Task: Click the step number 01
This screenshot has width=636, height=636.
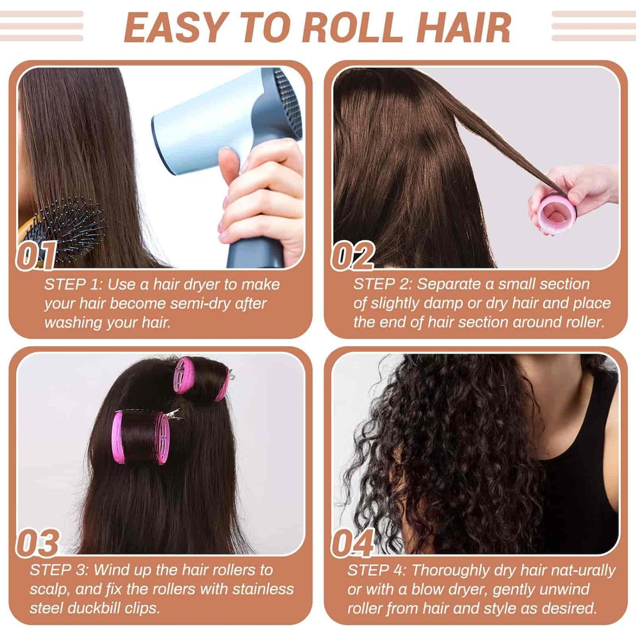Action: [x=36, y=256]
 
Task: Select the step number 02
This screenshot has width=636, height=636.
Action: [x=353, y=256]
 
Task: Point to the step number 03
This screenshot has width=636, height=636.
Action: [x=37, y=543]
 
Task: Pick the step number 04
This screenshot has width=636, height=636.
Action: [x=353, y=543]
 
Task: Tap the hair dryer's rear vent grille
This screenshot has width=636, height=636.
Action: [x=288, y=95]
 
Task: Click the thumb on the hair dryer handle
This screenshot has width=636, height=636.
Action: [x=229, y=163]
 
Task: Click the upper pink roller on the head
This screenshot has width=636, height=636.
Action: [x=199, y=379]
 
